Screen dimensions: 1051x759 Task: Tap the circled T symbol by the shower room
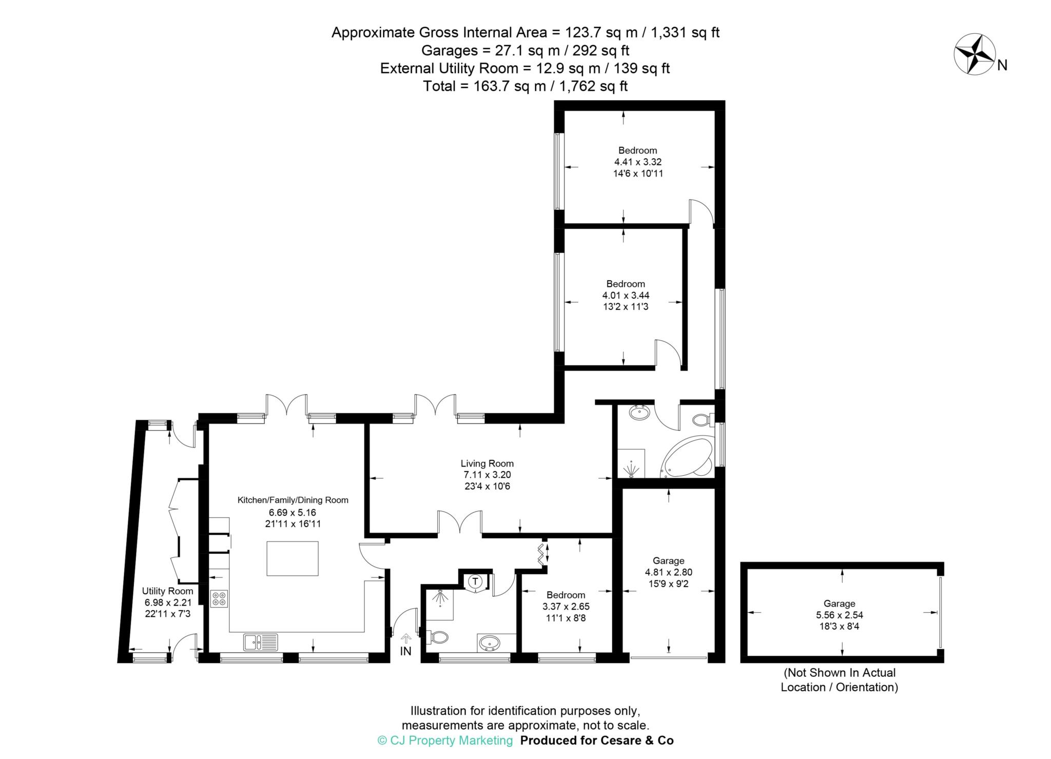tap(476, 581)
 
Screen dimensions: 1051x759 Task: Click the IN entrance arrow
tap(406, 638)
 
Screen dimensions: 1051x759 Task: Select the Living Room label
tap(487, 463)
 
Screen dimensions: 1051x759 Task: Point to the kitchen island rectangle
tap(293, 558)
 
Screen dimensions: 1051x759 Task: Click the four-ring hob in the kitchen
tap(220, 599)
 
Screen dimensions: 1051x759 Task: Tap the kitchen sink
tap(261, 642)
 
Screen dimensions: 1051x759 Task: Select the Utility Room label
tap(168, 591)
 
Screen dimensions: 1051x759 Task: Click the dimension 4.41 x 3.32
tap(638, 162)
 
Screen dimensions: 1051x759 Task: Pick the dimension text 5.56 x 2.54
tap(840, 615)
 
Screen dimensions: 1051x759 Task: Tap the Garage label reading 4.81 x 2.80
tap(669, 561)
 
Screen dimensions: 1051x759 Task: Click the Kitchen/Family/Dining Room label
tap(293, 500)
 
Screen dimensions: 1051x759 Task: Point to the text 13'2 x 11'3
tap(626, 307)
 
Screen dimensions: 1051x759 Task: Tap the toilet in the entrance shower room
tap(437, 637)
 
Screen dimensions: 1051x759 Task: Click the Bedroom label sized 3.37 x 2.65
tap(566, 595)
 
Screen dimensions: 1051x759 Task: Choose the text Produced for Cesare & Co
tap(597, 741)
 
